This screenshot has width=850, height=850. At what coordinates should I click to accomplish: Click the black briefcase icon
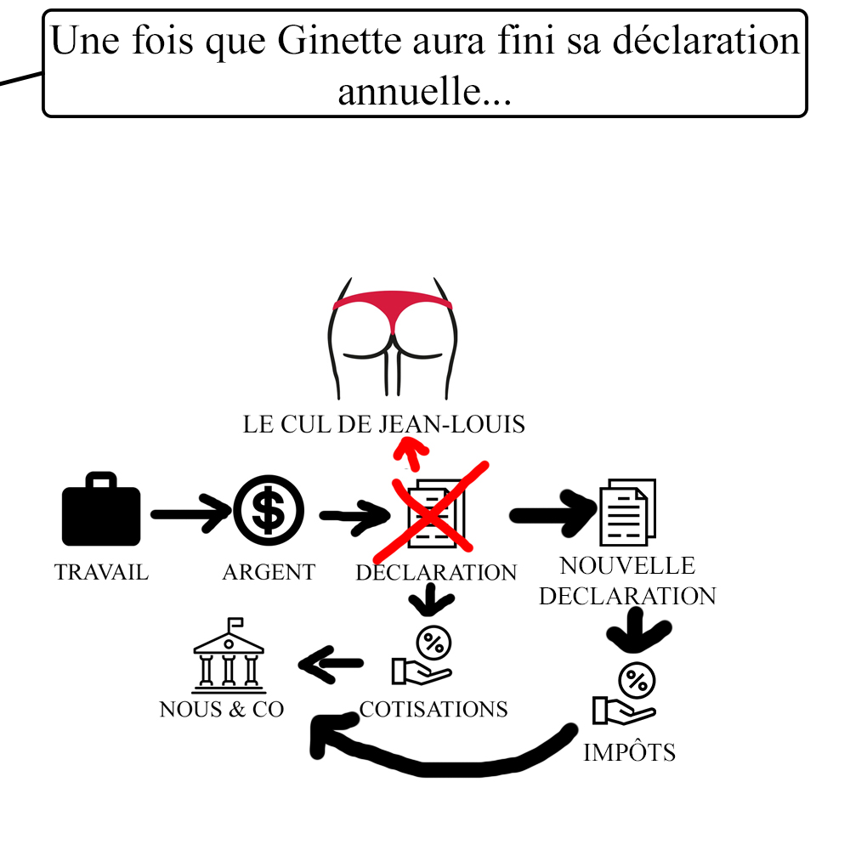click(x=100, y=510)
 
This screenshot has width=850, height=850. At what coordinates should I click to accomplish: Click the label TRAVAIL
click(x=101, y=572)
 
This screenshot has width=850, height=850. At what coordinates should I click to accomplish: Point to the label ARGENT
click(x=269, y=572)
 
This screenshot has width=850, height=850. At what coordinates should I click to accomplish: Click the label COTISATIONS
click(x=433, y=709)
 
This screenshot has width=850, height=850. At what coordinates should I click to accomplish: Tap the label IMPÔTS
click(x=629, y=752)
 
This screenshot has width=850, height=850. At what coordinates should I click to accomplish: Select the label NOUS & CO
click(x=222, y=709)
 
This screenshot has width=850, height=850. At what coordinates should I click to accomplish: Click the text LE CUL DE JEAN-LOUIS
click(x=383, y=424)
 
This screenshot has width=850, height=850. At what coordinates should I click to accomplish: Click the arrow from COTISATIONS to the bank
click(x=331, y=663)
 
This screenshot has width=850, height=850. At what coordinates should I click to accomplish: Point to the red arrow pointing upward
click(x=411, y=453)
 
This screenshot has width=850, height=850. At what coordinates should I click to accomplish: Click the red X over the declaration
click(x=436, y=509)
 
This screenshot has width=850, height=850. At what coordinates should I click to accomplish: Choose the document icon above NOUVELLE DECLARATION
click(x=627, y=512)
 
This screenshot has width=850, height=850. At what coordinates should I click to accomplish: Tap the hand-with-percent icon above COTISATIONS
click(x=425, y=655)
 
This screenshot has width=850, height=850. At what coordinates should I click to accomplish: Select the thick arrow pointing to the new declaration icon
click(x=552, y=513)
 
